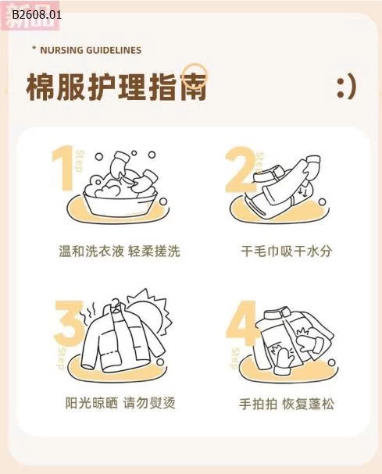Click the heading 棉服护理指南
pos(116,87)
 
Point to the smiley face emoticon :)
pos(346,87)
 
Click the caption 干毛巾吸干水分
pos(287,251)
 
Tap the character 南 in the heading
pos(195,87)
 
